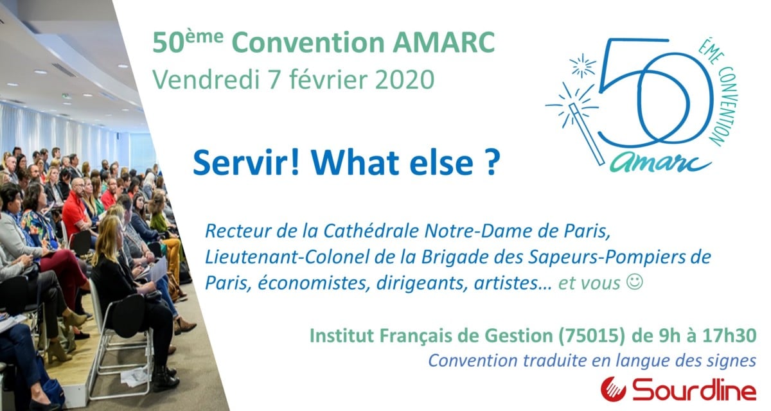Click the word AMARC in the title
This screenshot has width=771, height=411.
pyautogui.click(x=444, y=42)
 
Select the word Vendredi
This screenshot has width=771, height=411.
pyautogui.click(x=206, y=80)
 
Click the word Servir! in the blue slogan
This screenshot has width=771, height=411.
pyautogui.click(x=245, y=162)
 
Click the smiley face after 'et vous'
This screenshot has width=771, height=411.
pyautogui.click(x=634, y=282)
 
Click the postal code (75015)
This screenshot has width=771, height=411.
pyautogui.click(x=591, y=336)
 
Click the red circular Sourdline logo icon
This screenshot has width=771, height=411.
pyautogui.click(x=614, y=389)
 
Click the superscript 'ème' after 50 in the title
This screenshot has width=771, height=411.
pyautogui.click(x=206, y=37)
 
